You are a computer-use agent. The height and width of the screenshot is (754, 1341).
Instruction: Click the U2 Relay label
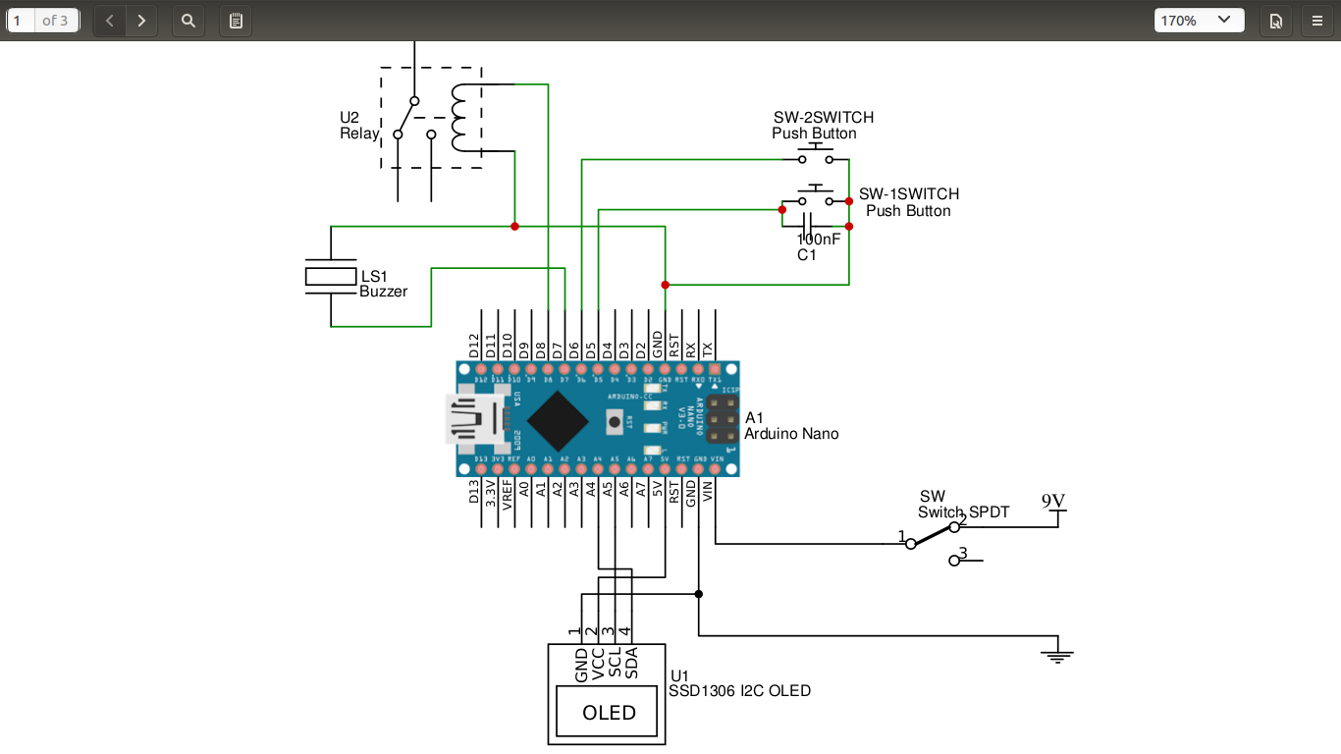[358, 126]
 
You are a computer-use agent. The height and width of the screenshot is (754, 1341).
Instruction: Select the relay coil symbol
[459, 118]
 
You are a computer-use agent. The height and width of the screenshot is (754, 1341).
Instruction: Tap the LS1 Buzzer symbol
[331, 277]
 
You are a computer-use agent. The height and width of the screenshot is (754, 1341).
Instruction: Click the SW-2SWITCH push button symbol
[815, 155]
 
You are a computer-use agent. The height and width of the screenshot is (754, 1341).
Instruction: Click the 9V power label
[1053, 502]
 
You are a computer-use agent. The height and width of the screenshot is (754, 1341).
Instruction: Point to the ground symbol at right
[1056, 654]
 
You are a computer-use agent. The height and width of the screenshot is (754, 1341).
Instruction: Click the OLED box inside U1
[609, 712]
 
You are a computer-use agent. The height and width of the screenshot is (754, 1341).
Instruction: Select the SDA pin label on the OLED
[632, 663]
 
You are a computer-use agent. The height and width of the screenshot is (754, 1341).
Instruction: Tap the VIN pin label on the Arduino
[708, 492]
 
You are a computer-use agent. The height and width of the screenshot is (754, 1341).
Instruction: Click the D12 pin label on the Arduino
[475, 346]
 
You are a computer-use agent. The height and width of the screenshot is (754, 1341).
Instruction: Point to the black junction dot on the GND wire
[698, 594]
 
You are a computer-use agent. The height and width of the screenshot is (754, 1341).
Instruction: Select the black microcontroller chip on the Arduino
[558, 420]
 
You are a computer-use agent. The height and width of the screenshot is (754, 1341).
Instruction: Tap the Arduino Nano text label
[791, 434]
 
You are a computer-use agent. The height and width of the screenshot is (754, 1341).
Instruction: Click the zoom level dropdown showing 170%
[1199, 20]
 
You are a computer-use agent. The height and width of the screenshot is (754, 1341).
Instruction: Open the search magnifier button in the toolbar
[188, 20]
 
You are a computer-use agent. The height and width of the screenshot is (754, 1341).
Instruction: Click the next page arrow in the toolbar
[141, 20]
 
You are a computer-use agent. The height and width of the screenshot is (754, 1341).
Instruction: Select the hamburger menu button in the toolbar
[1316, 20]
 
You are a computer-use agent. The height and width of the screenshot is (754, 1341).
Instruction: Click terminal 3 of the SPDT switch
[954, 560]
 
